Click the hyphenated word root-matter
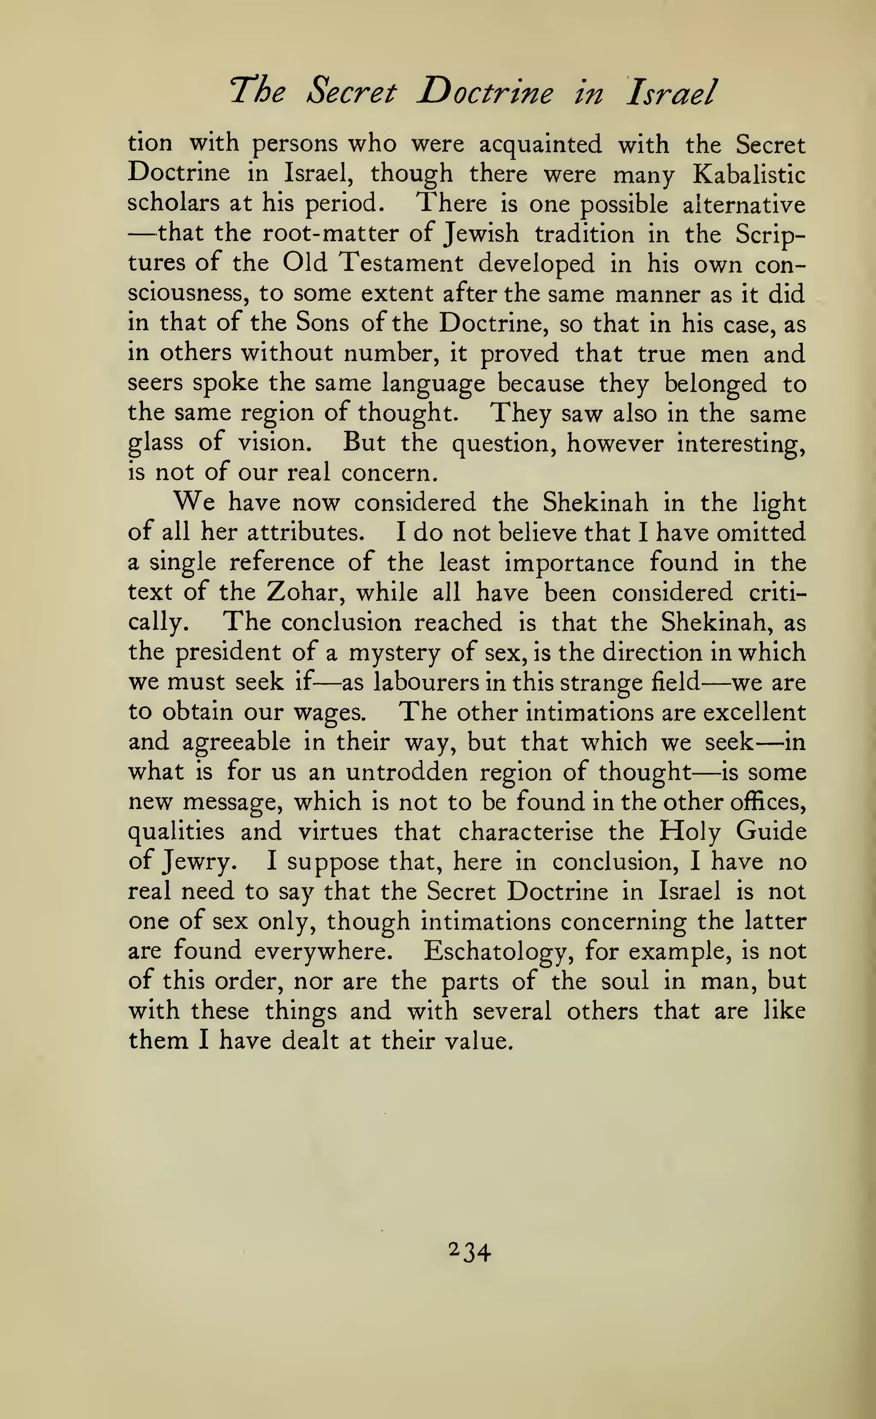coord(332,234)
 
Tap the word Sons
coord(322,324)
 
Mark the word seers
coord(155,383)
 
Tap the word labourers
coord(426,682)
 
